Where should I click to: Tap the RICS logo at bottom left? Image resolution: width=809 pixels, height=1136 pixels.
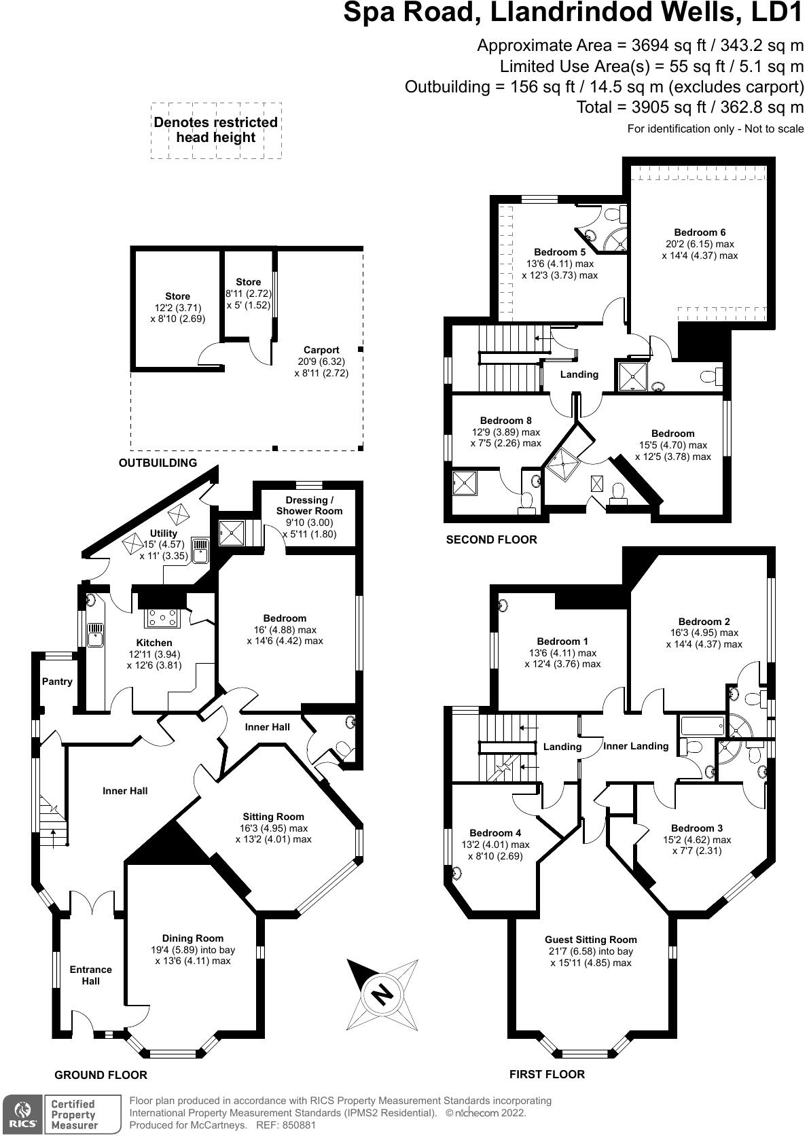[x=22, y=1114]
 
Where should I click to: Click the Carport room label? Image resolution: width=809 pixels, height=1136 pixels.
[x=321, y=350]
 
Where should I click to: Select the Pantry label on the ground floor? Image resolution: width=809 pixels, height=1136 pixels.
[x=57, y=681]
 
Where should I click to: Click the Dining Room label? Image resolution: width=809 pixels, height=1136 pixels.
[x=192, y=938]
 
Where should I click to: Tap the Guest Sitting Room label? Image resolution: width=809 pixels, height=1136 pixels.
[x=590, y=940]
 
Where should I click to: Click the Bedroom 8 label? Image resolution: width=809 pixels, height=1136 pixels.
[x=506, y=421]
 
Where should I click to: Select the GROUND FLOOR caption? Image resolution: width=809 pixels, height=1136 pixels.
[x=101, y=1075]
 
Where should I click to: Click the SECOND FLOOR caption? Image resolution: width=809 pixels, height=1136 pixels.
[x=491, y=539]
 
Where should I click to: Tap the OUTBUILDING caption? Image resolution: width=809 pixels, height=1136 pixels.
[x=158, y=463]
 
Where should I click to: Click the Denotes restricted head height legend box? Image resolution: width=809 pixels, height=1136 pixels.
[x=216, y=130]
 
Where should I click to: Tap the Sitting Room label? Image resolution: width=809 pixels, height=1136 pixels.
[x=273, y=817]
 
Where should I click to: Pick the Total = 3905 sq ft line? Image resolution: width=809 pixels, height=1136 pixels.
[x=689, y=107]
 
